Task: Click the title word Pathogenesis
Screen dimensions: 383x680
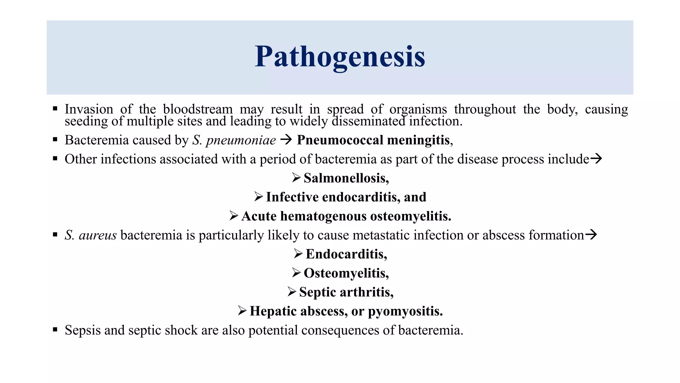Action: point(340,57)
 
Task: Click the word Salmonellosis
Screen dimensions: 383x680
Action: point(346,178)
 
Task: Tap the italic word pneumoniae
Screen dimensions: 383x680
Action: point(241,140)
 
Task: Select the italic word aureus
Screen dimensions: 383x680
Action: point(98,235)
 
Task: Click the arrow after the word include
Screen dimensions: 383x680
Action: point(596,159)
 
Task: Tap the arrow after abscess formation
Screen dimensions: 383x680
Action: point(591,235)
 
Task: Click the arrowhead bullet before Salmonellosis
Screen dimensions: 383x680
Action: point(296,178)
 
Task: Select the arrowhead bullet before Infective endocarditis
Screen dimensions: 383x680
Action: point(258,197)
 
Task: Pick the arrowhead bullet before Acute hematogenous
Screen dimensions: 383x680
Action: point(234,216)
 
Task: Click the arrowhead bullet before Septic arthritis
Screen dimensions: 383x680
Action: point(292,292)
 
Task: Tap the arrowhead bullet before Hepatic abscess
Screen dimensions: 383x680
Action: point(242,311)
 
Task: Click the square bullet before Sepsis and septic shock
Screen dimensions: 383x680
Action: point(55,329)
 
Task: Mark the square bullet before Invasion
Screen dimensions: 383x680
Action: point(55,108)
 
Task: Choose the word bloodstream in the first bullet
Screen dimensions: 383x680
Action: point(198,109)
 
